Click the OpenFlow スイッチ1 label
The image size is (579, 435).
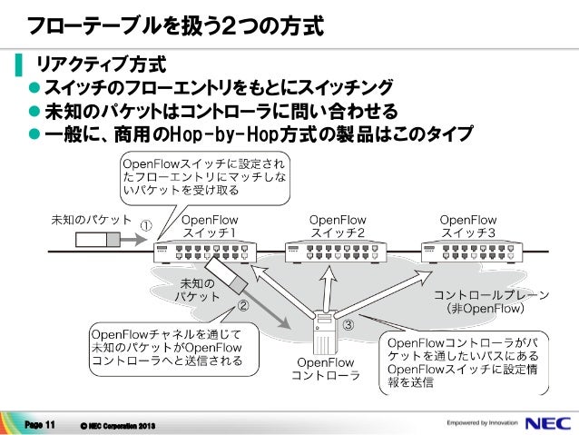[x=211, y=226]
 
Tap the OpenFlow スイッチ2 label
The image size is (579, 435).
[x=338, y=226]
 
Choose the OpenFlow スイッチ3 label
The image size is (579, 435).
[x=468, y=226]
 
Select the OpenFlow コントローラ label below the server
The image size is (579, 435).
[x=325, y=369]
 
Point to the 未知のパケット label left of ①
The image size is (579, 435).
[x=90, y=221]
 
